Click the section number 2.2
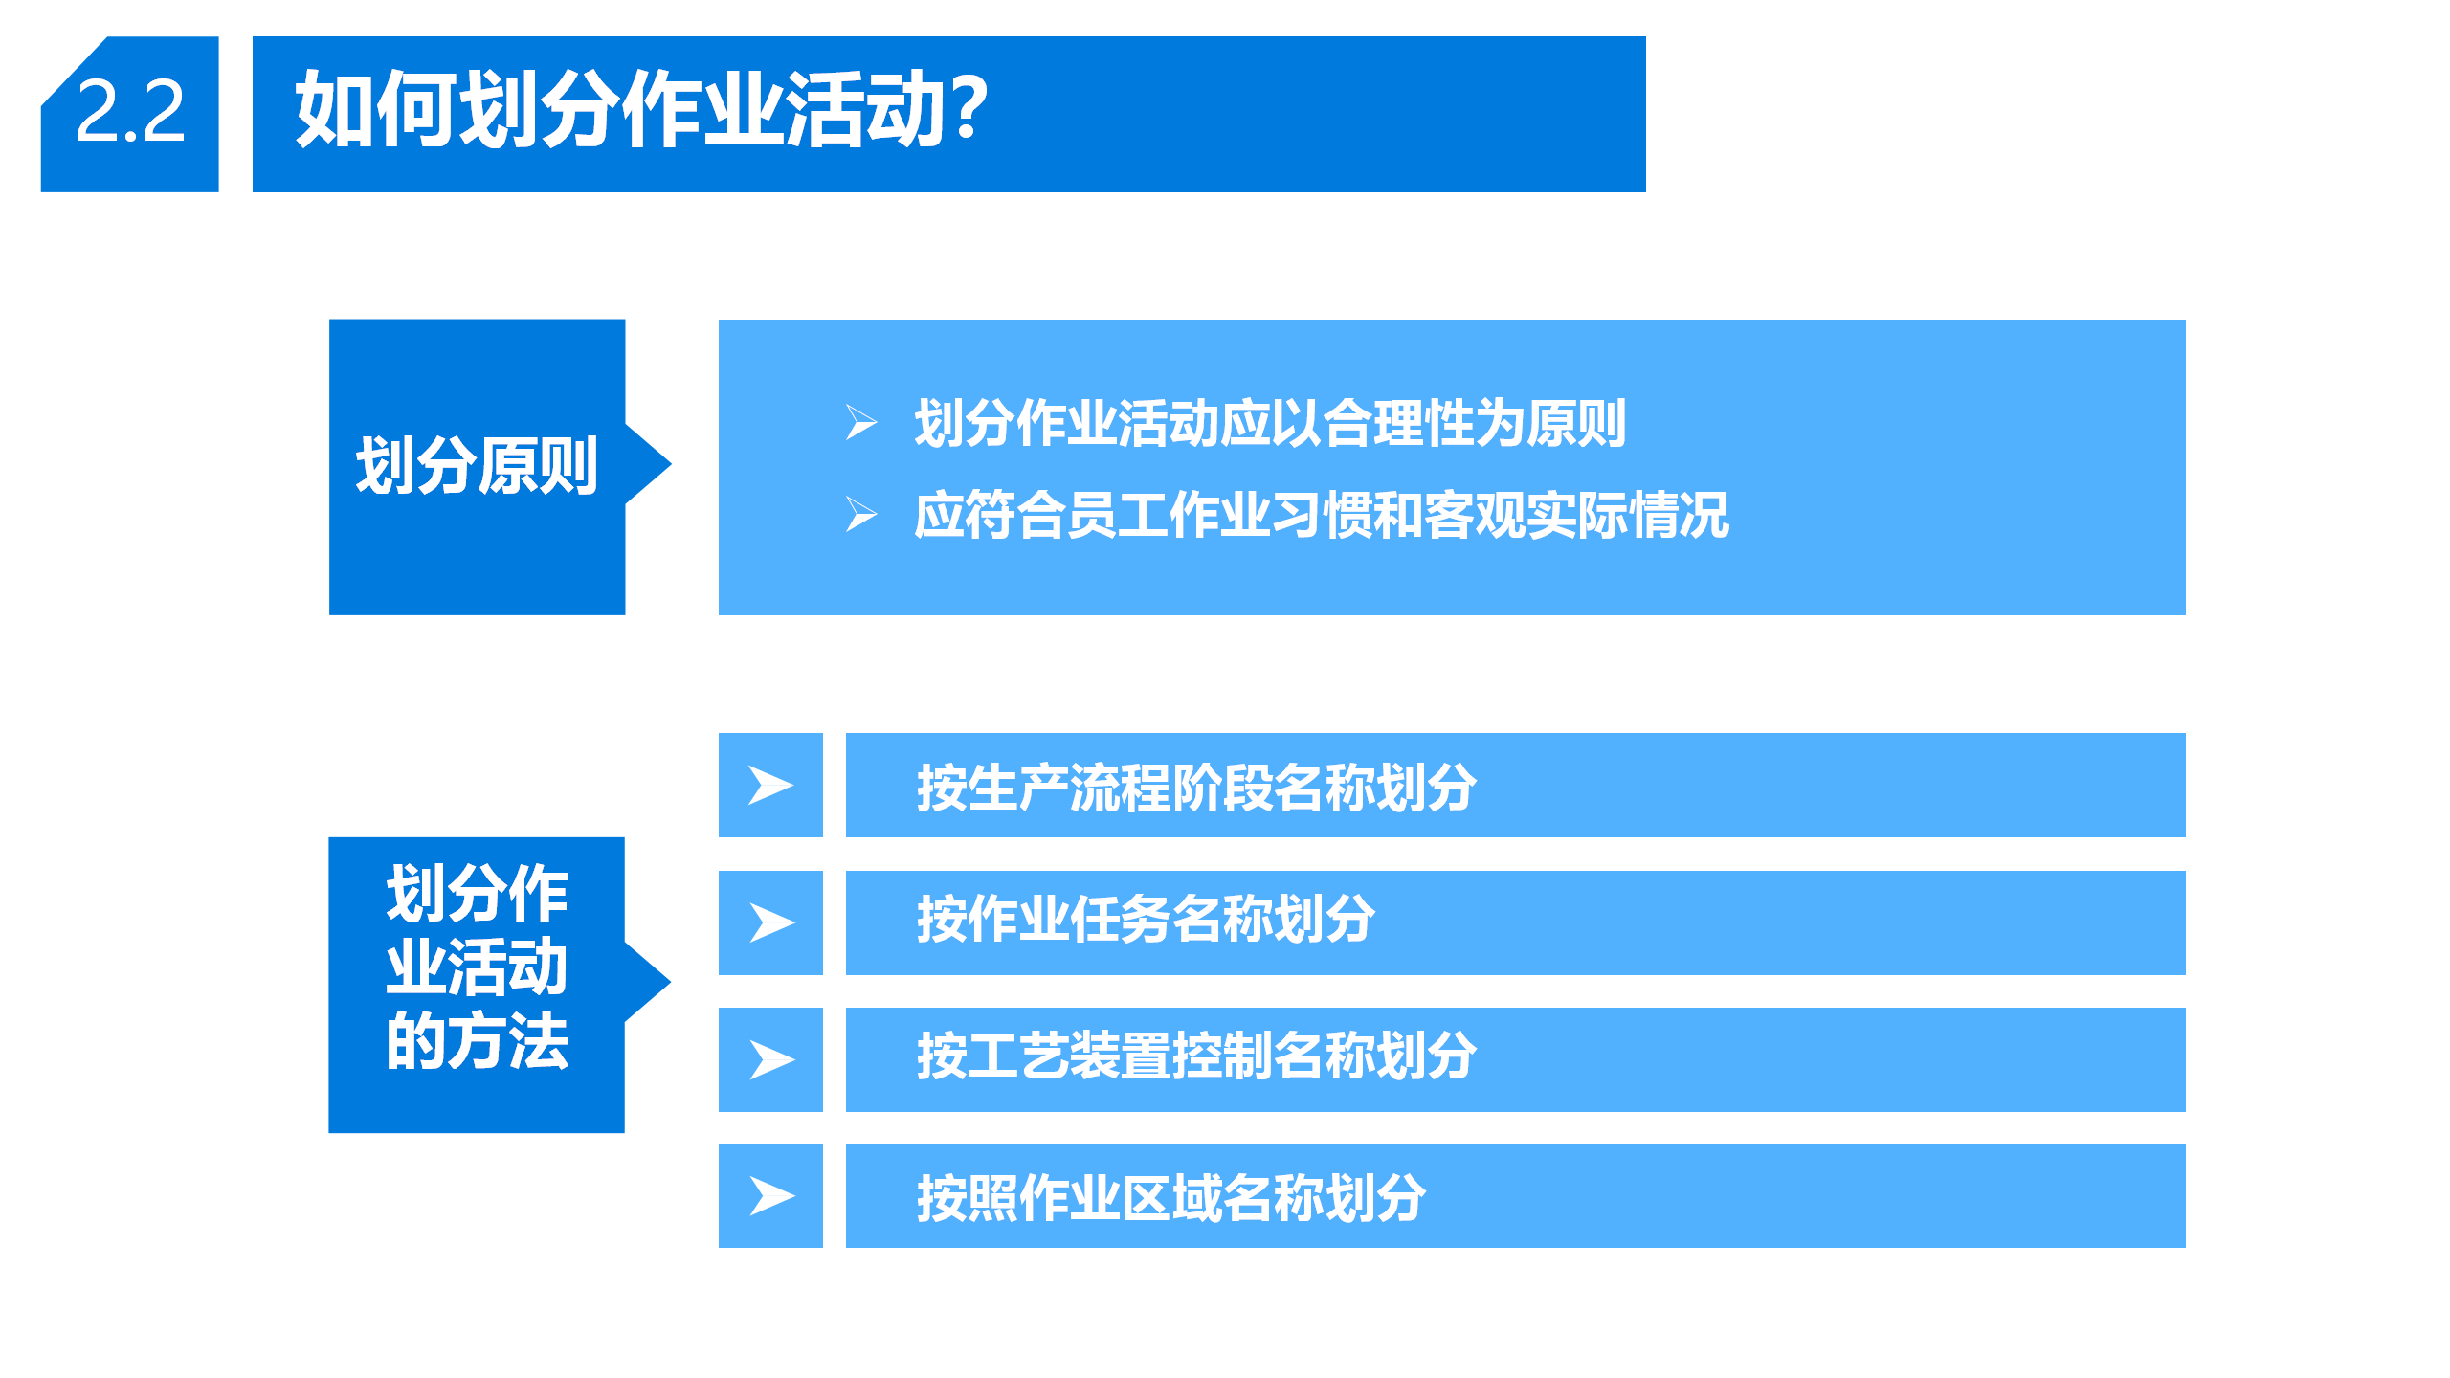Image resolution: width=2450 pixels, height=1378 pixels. click(x=130, y=112)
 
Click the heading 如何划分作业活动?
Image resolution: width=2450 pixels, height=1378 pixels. click(x=641, y=110)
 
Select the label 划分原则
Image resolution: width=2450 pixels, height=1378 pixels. click(x=477, y=466)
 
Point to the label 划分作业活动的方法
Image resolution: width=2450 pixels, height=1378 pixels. click(x=477, y=967)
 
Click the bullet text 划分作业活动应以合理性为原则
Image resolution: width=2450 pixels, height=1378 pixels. click(x=1270, y=423)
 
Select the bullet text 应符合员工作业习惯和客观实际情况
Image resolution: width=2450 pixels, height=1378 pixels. click(x=1321, y=515)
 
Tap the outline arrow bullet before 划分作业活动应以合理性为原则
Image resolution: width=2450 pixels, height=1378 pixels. click(x=861, y=422)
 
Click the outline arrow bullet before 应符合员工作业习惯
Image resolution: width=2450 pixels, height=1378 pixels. click(x=861, y=515)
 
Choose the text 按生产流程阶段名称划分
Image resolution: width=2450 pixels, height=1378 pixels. click(x=1196, y=788)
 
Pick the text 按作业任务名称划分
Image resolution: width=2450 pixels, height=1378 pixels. click(x=1146, y=919)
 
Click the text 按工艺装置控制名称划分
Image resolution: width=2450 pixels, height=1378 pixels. click(x=1196, y=1056)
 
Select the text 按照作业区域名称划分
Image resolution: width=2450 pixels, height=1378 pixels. click(x=1171, y=1197)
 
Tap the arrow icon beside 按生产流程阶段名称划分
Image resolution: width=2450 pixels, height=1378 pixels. click(x=771, y=786)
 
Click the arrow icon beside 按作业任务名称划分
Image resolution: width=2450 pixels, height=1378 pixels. click(x=771, y=923)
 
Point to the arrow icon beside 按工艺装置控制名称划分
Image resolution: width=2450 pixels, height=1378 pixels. click(x=771, y=1060)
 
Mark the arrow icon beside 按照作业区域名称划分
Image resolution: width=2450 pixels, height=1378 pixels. click(x=771, y=1196)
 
